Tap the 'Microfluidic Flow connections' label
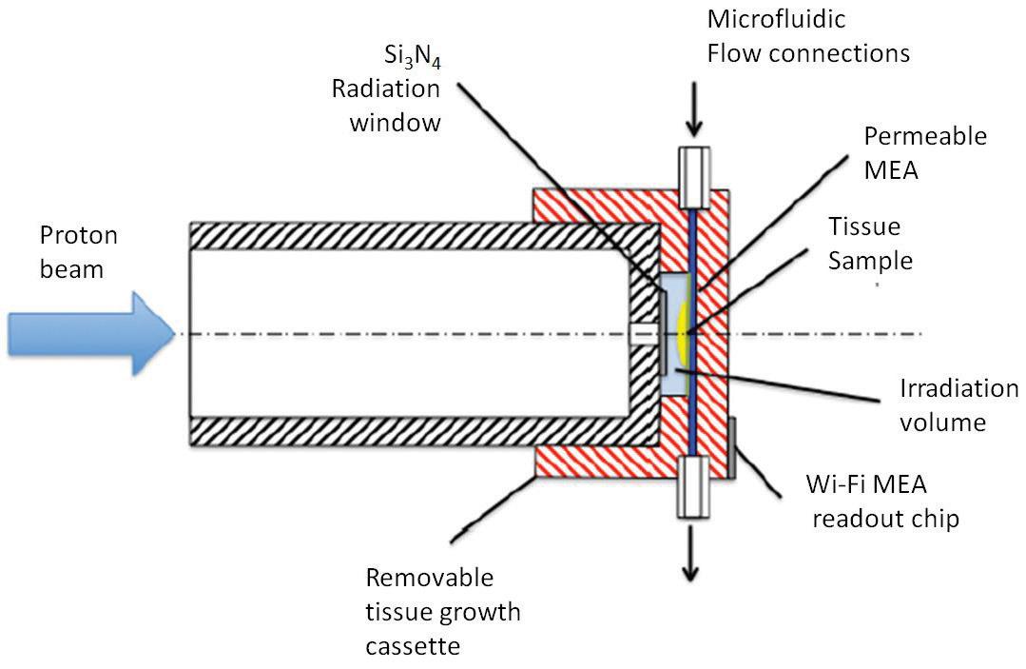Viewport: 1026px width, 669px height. [x=807, y=35]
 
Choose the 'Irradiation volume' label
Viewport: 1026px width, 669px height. [x=958, y=404]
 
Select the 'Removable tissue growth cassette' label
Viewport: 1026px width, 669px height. [x=443, y=612]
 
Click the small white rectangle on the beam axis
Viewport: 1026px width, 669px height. [x=642, y=334]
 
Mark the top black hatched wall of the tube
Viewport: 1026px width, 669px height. [x=418, y=235]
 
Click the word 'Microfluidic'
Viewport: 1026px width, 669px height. [x=776, y=18]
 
